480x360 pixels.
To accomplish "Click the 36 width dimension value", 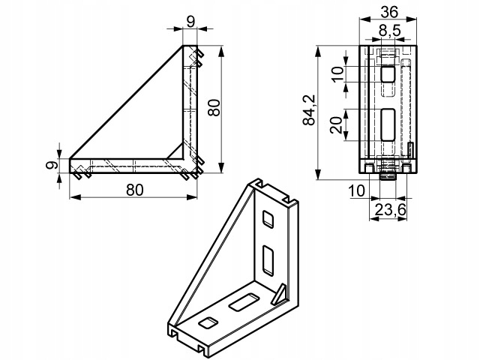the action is coord(388,11).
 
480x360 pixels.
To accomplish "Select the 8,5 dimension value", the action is coord(388,31).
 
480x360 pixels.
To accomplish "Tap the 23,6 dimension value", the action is coord(389,211).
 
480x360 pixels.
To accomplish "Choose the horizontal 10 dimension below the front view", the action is coord(355,192).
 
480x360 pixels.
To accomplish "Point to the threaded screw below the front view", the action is coord(388,175).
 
